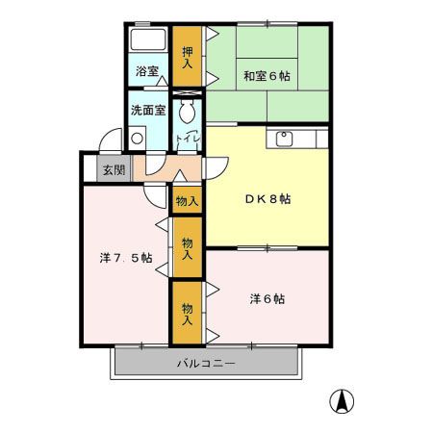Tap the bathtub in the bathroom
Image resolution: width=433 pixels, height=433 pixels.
coord(148,41)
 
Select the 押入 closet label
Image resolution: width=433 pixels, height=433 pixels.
coord(188,57)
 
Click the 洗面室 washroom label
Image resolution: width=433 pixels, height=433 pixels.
coord(149,110)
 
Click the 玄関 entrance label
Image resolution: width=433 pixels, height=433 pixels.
coord(113,170)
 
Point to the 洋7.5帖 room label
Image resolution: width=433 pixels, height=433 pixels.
coord(125,258)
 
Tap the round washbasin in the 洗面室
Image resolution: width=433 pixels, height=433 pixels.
coord(137,137)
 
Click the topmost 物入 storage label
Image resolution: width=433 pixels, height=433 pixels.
coord(187,202)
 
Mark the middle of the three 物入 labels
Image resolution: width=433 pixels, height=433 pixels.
coord(187,248)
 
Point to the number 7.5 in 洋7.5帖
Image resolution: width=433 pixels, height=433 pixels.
coord(127,258)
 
